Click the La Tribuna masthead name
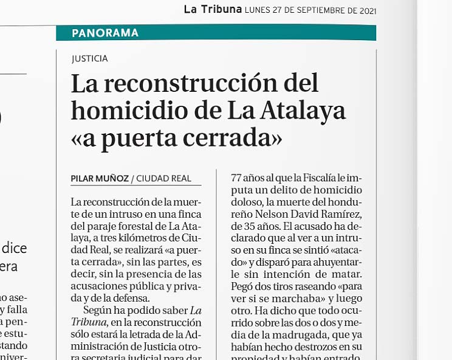(212, 10)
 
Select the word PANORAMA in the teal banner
(105, 33)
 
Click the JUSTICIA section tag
(89, 59)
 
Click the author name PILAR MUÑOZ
(99, 179)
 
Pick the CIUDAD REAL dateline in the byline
(163, 179)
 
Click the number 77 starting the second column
(236, 178)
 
